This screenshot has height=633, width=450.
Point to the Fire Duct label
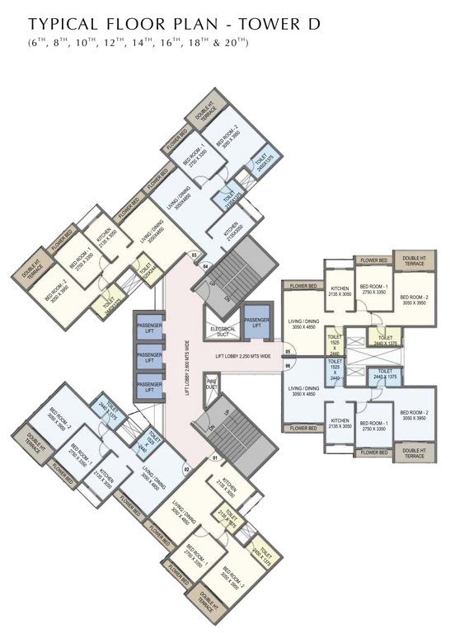(x=211, y=383)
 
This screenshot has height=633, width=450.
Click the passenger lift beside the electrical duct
(x=257, y=322)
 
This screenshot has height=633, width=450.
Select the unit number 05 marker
(x=288, y=350)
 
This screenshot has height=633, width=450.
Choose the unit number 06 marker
(x=288, y=364)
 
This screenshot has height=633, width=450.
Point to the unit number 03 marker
(x=195, y=256)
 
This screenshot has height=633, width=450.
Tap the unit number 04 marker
(x=207, y=265)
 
